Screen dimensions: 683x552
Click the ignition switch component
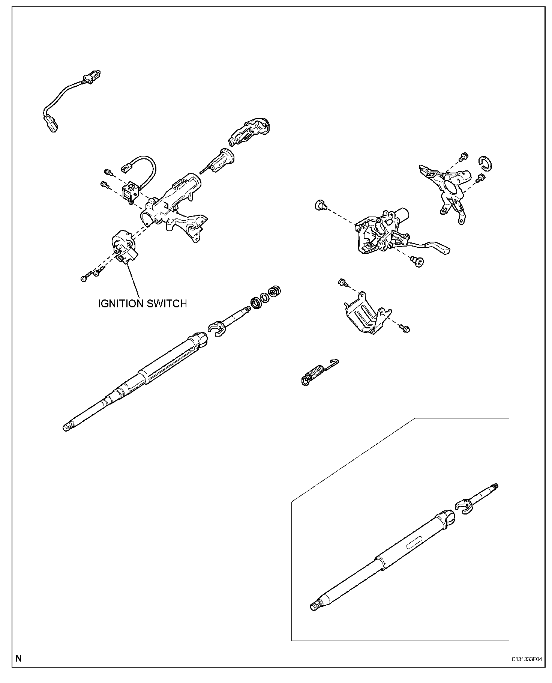124,247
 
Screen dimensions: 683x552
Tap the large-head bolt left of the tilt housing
319,205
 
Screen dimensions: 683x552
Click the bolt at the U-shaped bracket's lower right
405,329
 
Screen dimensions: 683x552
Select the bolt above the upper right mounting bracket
464,155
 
